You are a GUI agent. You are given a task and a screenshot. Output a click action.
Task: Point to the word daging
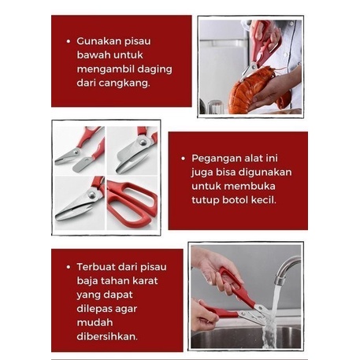[154, 69]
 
